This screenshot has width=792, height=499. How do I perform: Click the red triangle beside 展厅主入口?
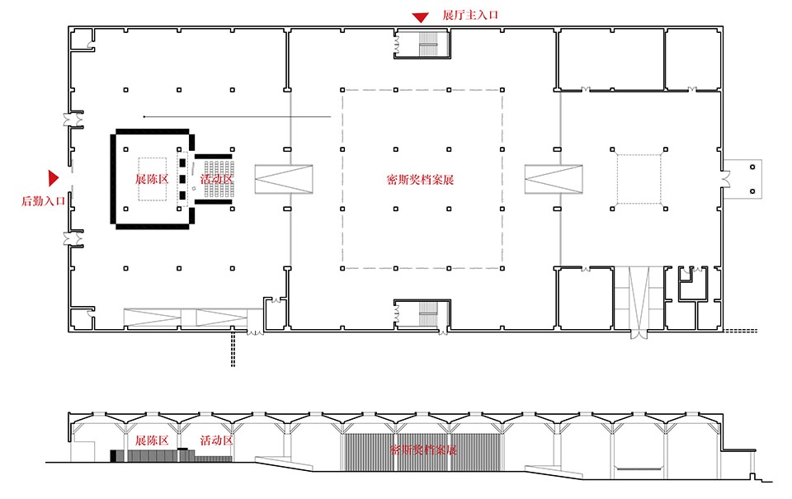tap(420, 17)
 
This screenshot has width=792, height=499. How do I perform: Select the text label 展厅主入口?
tap(470, 15)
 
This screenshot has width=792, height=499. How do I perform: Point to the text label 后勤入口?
tap(44, 201)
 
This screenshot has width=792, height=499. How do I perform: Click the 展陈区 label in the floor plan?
tap(152, 179)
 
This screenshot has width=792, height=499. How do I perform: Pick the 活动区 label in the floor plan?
tap(217, 179)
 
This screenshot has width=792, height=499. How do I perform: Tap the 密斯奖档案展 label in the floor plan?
tap(420, 180)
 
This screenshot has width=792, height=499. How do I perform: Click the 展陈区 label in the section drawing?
tap(152, 440)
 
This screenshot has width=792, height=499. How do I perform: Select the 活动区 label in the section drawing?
tap(217, 440)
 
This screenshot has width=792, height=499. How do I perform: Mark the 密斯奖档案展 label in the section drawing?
tap(424, 450)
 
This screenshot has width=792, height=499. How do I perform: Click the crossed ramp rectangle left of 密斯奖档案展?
tap(283, 179)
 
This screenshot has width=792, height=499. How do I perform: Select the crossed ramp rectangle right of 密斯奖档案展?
tap(554, 179)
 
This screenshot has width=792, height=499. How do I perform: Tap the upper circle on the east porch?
tap(752, 167)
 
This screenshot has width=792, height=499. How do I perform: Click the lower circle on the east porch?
tap(752, 191)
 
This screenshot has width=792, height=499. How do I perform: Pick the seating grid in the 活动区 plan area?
tap(219, 179)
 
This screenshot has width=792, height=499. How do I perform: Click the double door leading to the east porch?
tap(726, 179)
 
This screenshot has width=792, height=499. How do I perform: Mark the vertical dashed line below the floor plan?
tap(233, 349)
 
